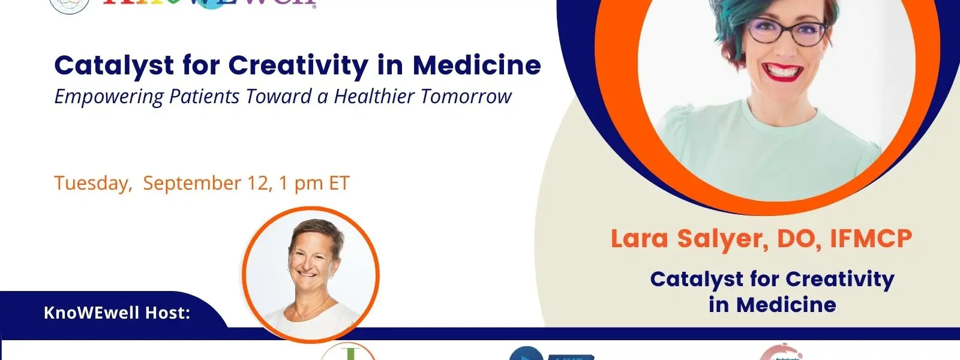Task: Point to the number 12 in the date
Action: coord(259,183)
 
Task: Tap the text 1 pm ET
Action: coord(314,183)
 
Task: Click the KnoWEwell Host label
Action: coord(117,313)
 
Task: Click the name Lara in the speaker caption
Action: coord(639,239)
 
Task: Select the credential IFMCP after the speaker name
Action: coord(871,239)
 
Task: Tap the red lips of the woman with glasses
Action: coord(784,71)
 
